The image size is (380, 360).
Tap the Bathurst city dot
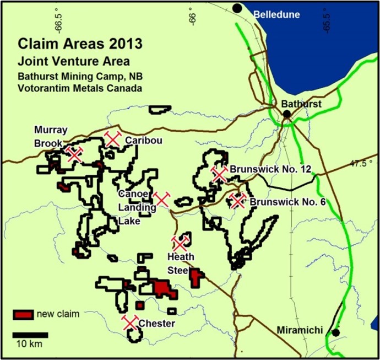pos(286,114)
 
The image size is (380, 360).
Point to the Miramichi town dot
pos(335,332)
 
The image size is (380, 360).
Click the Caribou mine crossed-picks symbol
pos(113,139)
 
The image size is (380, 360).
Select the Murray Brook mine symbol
pos(74,154)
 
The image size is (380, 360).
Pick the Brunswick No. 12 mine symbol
pos(219,174)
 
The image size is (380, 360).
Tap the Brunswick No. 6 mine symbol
pos(237,201)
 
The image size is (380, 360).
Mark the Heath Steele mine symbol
pos(180,243)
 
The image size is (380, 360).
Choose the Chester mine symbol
pos(130,322)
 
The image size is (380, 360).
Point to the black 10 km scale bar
pos(30,335)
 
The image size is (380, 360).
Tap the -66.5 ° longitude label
pos(59,18)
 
